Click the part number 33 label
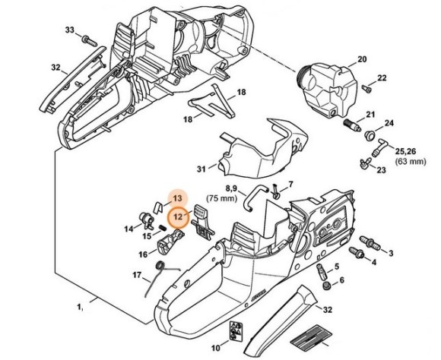[x=70, y=30]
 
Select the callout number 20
[x=362, y=58]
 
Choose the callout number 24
[x=389, y=123]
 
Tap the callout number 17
[x=137, y=274]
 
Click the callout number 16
[x=143, y=254]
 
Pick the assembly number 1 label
[x=78, y=307]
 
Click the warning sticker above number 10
[x=234, y=332]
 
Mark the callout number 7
[x=290, y=185]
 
